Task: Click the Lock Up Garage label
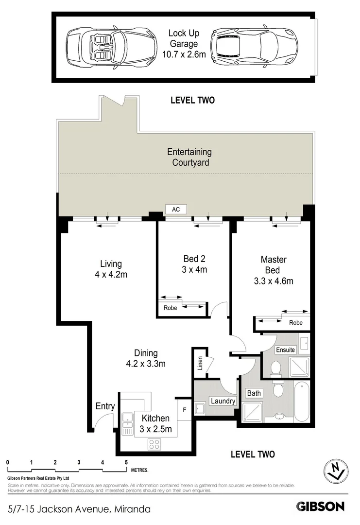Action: pos(187,44)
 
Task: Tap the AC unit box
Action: pos(176,209)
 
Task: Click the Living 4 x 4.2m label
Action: pos(111,269)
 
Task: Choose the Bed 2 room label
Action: pos(194,263)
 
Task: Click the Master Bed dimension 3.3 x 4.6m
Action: pos(274,280)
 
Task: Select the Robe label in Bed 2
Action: pos(170,308)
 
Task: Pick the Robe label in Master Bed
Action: pos(295,322)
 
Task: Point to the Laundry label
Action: pos(223,401)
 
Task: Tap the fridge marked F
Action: pos(184,410)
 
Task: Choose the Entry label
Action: pos(105,406)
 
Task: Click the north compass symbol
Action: pos(335,470)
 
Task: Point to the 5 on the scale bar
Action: pos(126,462)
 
